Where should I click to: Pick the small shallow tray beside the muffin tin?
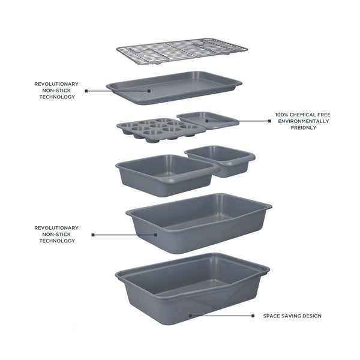208,119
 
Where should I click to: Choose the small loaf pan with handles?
220,160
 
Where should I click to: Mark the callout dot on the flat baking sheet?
150,91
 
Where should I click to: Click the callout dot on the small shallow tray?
206,121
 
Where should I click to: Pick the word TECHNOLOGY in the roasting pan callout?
57,241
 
